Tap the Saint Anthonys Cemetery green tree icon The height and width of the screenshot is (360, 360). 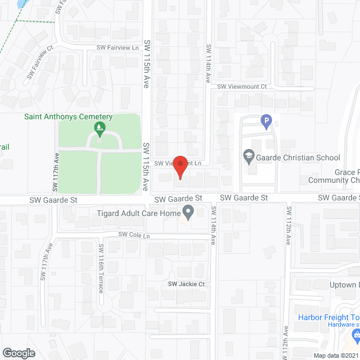(x=100, y=129)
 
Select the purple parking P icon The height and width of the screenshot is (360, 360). (x=266, y=120)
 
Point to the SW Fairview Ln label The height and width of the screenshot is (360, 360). (x=118, y=48)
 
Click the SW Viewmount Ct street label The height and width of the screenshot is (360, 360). (x=242, y=87)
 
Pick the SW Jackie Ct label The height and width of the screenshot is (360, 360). (x=186, y=284)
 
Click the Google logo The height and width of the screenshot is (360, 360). (x=19, y=353)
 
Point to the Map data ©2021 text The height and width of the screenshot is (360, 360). (x=335, y=355)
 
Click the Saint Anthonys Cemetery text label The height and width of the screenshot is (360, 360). (x=68, y=117)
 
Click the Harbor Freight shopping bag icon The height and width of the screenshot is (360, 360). (x=354, y=336)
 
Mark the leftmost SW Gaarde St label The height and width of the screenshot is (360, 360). (x=53, y=200)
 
